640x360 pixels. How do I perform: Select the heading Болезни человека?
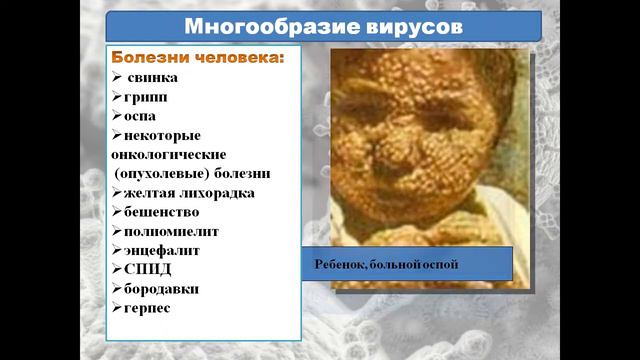197,57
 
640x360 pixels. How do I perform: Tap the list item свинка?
151,77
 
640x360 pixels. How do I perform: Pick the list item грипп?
147,97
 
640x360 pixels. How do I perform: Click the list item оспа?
142,116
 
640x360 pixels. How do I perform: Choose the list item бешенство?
162,212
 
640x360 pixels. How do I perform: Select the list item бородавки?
161,288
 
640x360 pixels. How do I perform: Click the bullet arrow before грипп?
117,97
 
